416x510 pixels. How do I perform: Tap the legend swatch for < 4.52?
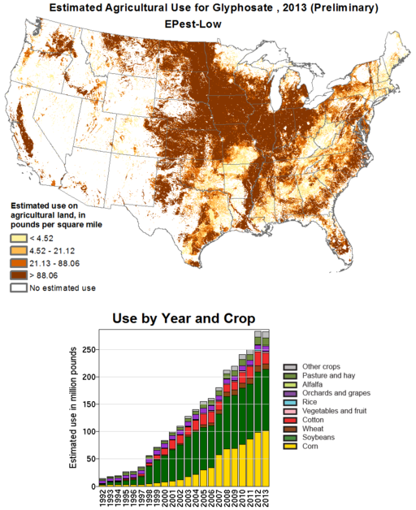[18, 239]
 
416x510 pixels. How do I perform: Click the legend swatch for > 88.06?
[18, 275]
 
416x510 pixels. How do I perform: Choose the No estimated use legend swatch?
[18, 287]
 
